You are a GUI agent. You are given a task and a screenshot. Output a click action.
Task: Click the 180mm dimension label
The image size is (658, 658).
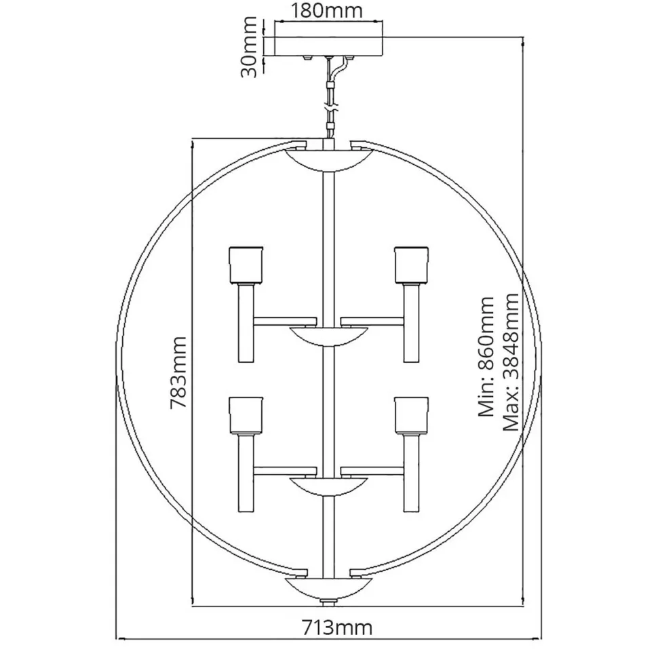coord(327,10)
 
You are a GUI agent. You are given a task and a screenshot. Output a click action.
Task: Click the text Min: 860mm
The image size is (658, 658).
coord(486,355)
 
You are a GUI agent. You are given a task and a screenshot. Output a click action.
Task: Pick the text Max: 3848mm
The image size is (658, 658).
coord(510,362)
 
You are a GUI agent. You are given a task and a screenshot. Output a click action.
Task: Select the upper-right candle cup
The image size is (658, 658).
coord(412,265)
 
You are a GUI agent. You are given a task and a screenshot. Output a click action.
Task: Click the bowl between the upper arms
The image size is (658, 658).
coord(328,335)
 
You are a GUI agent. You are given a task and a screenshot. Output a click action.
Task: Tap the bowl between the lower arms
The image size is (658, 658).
coord(328,485)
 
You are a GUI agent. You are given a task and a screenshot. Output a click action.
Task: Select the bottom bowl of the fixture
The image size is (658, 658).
coord(328,587)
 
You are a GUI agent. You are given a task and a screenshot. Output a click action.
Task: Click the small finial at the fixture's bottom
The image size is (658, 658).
coord(328,602)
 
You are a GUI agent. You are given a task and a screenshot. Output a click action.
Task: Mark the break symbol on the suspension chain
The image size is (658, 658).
coord(330,107)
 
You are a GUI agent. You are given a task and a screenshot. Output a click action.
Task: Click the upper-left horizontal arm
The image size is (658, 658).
coord(285,319)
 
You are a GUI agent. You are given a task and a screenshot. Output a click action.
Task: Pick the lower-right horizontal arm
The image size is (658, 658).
coord(372,469)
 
